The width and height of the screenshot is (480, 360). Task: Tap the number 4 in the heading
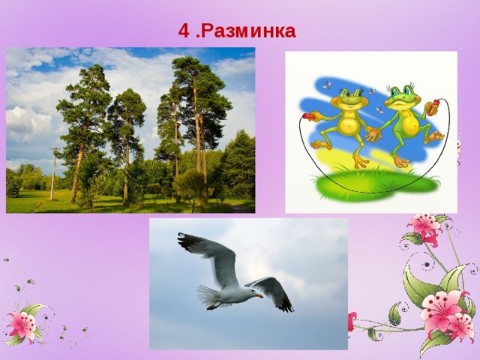184,31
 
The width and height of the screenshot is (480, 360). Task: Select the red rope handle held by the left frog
307,116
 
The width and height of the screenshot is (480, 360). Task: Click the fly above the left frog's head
327,85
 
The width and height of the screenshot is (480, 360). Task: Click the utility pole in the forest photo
52,172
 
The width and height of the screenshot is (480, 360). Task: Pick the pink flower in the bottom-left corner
22,324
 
